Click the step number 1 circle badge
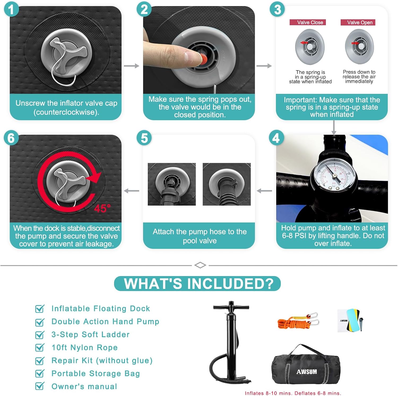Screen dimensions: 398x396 [x=11, y=10]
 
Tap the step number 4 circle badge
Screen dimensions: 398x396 [x=276, y=138]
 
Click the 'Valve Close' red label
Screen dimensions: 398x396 [x=308, y=23]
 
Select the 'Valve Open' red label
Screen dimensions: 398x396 [x=358, y=23]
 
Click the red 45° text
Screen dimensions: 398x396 [x=102, y=208]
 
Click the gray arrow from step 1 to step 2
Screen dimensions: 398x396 [x=132, y=66]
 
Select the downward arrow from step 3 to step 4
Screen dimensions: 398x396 [x=334, y=128]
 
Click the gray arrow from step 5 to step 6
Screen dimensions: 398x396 [x=132, y=191]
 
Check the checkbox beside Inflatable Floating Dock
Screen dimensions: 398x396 [x=40, y=309]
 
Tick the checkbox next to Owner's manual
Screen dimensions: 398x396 [x=40, y=386]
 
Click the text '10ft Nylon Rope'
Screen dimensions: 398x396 [x=85, y=347]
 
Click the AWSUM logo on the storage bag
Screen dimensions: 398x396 [x=306, y=372]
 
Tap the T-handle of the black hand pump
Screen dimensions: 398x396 [x=231, y=307]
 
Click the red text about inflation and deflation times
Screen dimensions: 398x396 [x=293, y=393]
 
